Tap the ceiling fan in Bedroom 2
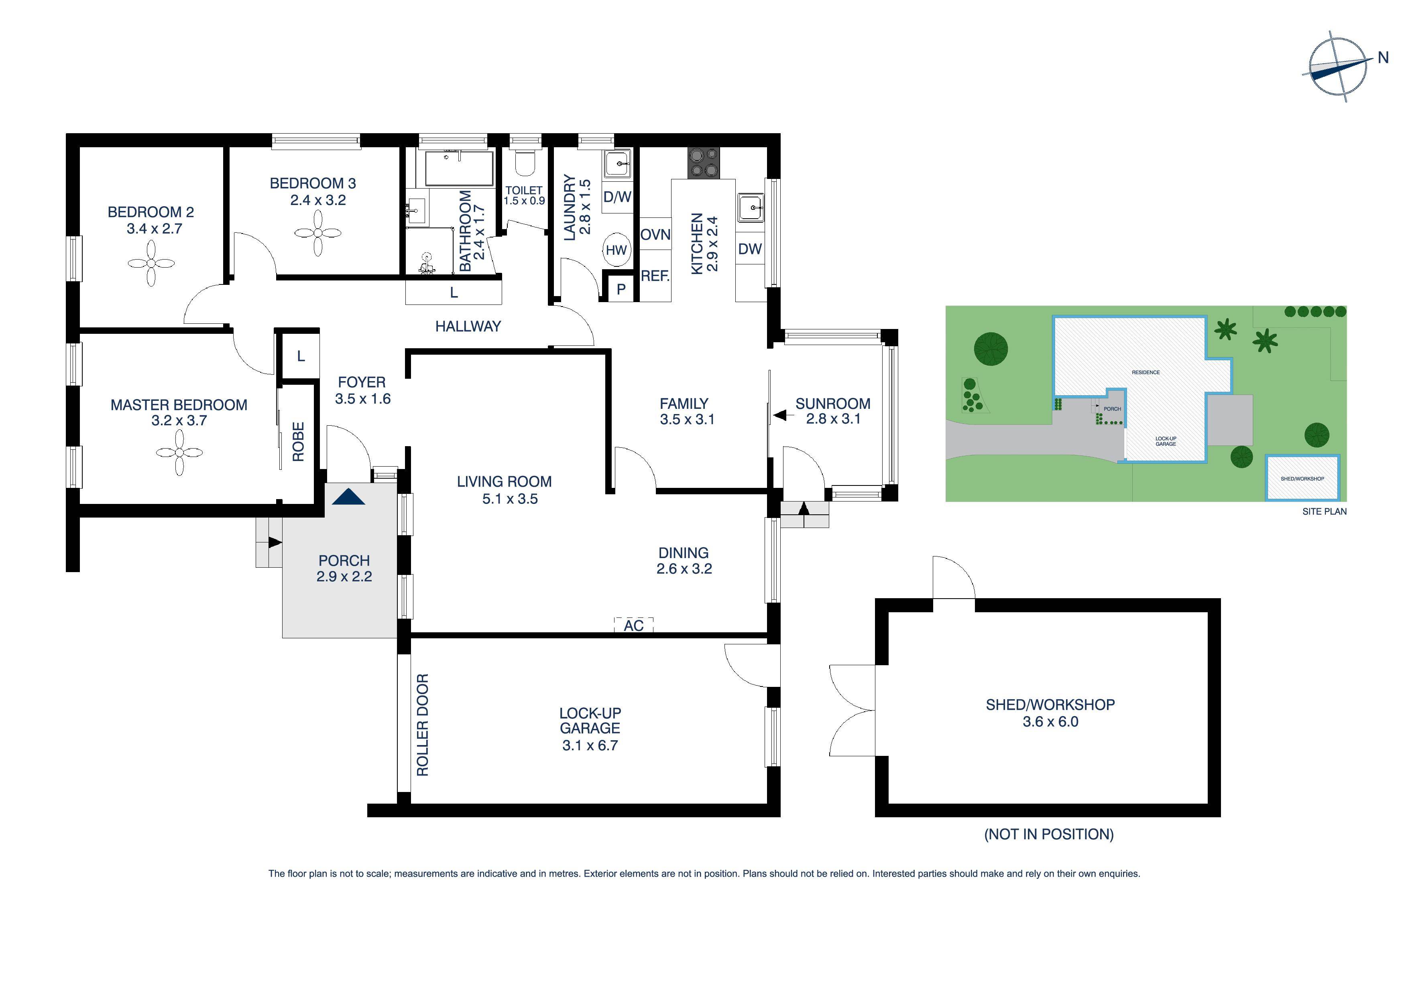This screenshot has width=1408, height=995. tap(151, 264)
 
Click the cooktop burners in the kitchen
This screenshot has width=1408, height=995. tap(703, 163)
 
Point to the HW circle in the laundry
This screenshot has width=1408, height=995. tap(617, 250)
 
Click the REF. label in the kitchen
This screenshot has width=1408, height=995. tap(655, 276)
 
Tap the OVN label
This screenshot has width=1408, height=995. tap(655, 235)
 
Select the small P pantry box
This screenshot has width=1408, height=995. tap(621, 289)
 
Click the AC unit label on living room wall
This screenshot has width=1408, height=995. tap(633, 625)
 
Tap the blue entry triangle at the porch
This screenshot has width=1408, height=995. tap(348, 497)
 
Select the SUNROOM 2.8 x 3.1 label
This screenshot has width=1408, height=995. tap(833, 411)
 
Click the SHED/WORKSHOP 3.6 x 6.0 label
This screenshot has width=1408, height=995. tap(1050, 713)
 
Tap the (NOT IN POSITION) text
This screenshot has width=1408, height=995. tap(1049, 834)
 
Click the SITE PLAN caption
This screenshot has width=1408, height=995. tap(1324, 511)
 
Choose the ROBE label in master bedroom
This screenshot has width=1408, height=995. tap(298, 441)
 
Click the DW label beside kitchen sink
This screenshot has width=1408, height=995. tap(749, 249)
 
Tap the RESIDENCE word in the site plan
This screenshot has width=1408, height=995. tap(1146, 372)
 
